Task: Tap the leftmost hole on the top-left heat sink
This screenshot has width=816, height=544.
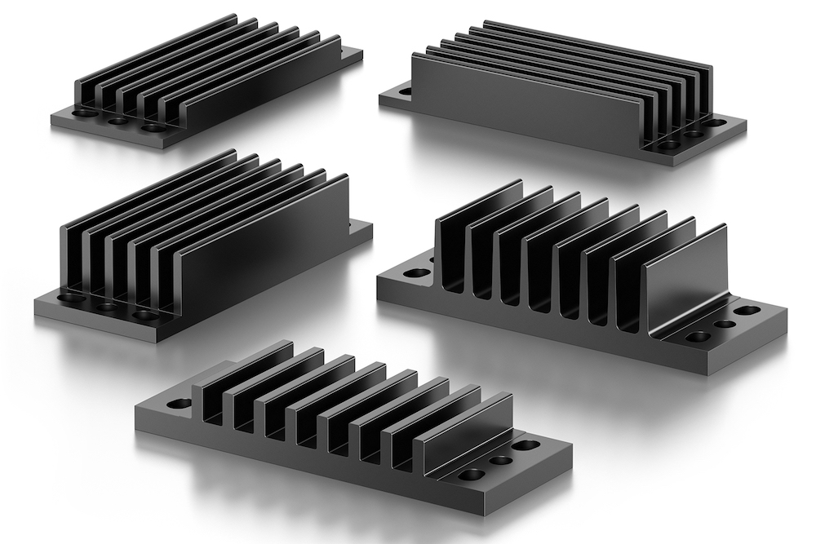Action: [x=84, y=113]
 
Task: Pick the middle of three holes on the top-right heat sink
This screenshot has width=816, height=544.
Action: [x=693, y=134]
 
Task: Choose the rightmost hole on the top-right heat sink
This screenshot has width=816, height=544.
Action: [x=715, y=123]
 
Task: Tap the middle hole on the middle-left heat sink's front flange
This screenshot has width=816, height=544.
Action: [x=106, y=307]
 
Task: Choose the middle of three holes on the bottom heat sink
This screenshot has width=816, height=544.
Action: [x=500, y=461]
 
